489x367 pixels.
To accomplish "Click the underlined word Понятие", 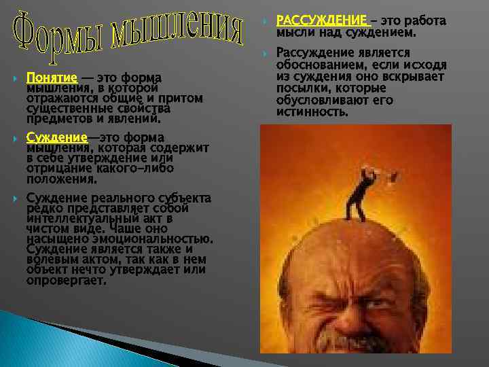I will [x=52, y=77].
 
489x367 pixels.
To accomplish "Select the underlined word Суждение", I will [x=56, y=138].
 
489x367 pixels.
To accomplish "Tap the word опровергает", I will [x=66, y=280].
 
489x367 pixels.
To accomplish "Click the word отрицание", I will [x=56, y=169].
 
